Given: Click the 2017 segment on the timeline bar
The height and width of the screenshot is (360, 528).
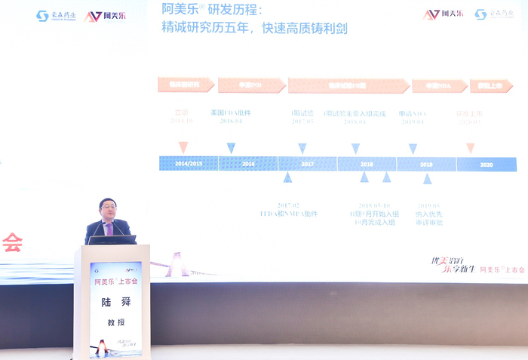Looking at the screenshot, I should pyautogui.click(x=307, y=164).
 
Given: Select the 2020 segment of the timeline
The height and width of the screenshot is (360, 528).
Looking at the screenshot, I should pyautogui.click(x=487, y=164).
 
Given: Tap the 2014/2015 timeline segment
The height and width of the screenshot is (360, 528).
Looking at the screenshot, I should pyautogui.click(x=189, y=164).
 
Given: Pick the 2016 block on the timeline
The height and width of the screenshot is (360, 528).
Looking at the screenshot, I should pyautogui.click(x=248, y=164).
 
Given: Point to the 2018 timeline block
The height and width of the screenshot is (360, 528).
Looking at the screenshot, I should pyautogui.click(x=367, y=164).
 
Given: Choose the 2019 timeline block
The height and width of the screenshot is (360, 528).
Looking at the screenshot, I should pyautogui.click(x=426, y=164).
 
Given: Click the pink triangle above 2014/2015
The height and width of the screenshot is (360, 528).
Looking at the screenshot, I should pyautogui.click(x=183, y=147).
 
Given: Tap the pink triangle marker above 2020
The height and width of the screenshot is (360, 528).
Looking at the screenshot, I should pyautogui.click(x=471, y=148).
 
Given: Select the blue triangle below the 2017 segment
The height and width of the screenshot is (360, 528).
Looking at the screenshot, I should pyautogui.click(x=287, y=177).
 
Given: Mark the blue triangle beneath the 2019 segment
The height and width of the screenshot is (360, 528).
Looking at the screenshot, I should pyautogui.click(x=427, y=179).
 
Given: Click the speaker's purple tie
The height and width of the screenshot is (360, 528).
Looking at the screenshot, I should pyautogui.click(x=109, y=229).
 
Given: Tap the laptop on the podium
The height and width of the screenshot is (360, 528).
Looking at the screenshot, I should pyautogui.click(x=112, y=240).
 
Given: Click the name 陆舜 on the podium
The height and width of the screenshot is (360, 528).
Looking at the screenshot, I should pyautogui.click(x=115, y=300).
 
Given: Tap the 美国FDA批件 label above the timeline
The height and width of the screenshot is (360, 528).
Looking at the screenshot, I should pyautogui.click(x=231, y=113).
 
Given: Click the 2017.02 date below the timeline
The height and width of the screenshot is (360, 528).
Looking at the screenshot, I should pyautogui.click(x=288, y=205).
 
